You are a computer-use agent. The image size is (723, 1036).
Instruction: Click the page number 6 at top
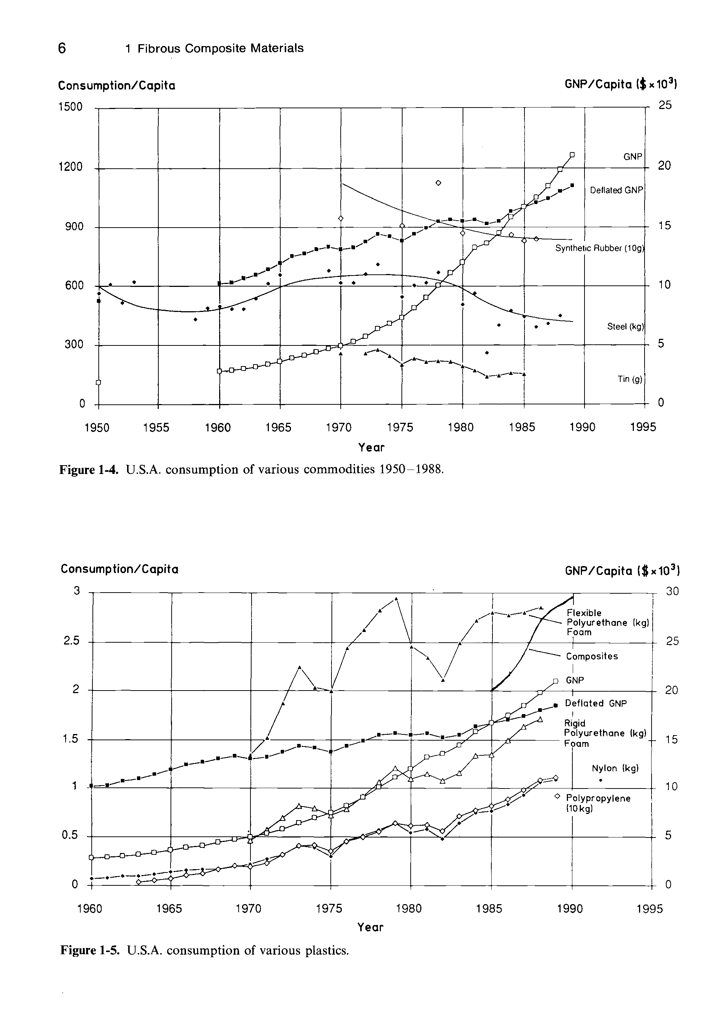click(x=62, y=48)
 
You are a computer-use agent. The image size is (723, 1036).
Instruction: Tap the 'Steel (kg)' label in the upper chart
click(x=625, y=326)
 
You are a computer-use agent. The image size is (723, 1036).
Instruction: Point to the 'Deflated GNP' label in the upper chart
click(x=616, y=190)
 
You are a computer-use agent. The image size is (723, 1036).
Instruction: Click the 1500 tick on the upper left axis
click(x=70, y=107)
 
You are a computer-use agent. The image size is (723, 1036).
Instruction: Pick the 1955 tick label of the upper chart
click(x=156, y=427)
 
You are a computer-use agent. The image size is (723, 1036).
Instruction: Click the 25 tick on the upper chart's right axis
click(x=665, y=105)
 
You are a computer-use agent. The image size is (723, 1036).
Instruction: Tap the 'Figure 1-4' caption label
click(x=89, y=470)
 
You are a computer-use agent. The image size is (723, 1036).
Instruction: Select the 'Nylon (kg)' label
click(x=615, y=768)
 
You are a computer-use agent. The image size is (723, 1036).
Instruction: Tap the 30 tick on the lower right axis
click(x=672, y=591)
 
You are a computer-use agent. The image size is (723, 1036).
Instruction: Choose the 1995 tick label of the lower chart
click(x=649, y=909)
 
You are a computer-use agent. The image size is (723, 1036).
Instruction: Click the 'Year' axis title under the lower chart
click(x=370, y=927)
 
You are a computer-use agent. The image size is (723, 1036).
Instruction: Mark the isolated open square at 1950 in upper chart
click(x=98, y=382)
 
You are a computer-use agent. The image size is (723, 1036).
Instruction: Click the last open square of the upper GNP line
click(x=572, y=155)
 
